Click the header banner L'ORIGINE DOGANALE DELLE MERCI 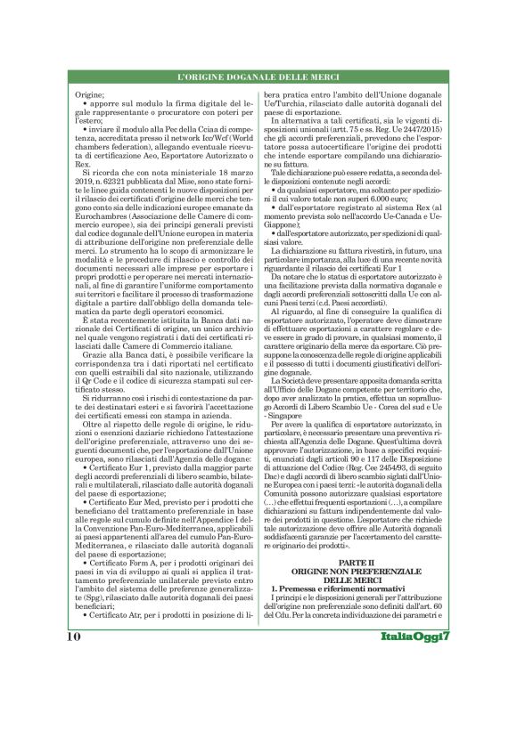(x=258, y=77)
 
